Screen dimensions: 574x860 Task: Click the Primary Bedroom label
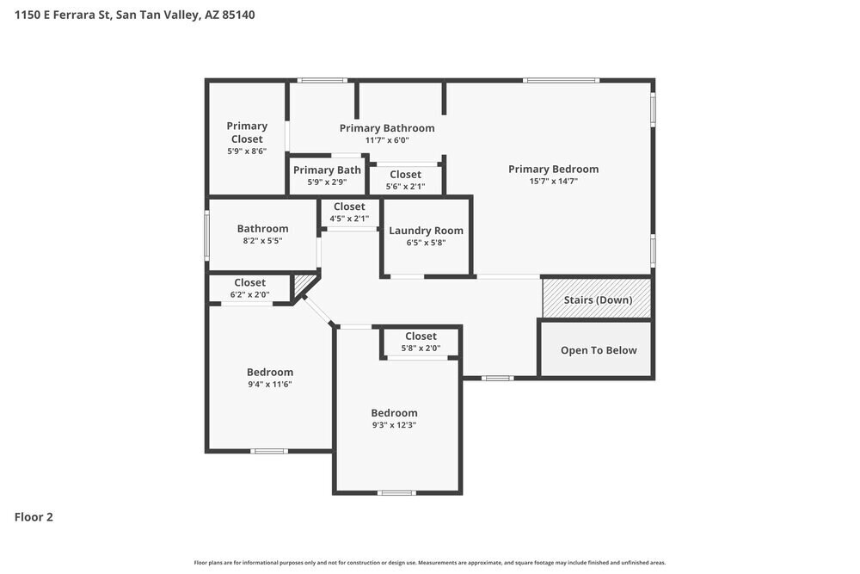pyautogui.click(x=553, y=169)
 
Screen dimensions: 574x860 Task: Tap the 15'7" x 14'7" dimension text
pyautogui.click(x=553, y=182)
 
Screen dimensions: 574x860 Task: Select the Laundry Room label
pyautogui.click(x=426, y=231)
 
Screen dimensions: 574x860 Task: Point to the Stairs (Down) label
pyautogui.click(x=598, y=300)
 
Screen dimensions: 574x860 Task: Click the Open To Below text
pyautogui.click(x=599, y=350)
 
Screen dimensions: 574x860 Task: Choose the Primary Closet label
pyautogui.click(x=247, y=133)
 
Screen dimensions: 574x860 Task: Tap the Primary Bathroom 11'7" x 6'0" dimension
pyautogui.click(x=386, y=140)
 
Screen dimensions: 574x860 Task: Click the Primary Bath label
pyautogui.click(x=327, y=170)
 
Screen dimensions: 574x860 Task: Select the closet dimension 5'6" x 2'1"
pyautogui.click(x=406, y=186)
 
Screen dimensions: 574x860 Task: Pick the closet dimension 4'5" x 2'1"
pyautogui.click(x=349, y=218)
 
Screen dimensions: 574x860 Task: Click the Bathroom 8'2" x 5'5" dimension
pyautogui.click(x=262, y=241)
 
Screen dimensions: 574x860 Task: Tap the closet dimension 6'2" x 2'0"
pyautogui.click(x=249, y=294)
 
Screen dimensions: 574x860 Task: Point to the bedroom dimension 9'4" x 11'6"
pyautogui.click(x=270, y=385)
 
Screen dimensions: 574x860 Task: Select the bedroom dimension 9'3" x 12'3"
pyautogui.click(x=394, y=425)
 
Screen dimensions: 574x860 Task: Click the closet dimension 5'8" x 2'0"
pyautogui.click(x=421, y=349)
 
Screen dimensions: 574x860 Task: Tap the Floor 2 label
pyautogui.click(x=34, y=517)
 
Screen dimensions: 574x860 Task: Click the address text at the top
pyautogui.click(x=134, y=15)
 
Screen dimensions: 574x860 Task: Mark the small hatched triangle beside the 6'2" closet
pyautogui.click(x=303, y=283)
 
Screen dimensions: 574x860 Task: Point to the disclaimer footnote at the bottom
pyautogui.click(x=429, y=563)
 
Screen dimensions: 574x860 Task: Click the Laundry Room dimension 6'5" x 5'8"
pyautogui.click(x=426, y=243)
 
